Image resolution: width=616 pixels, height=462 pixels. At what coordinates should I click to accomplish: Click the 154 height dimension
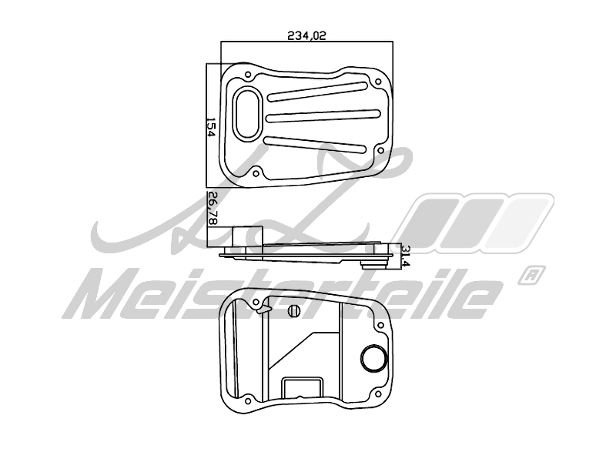click(209, 127)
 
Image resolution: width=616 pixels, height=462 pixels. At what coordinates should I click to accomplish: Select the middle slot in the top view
click(324, 115)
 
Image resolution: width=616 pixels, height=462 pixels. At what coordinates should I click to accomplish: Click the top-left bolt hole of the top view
click(248, 75)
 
